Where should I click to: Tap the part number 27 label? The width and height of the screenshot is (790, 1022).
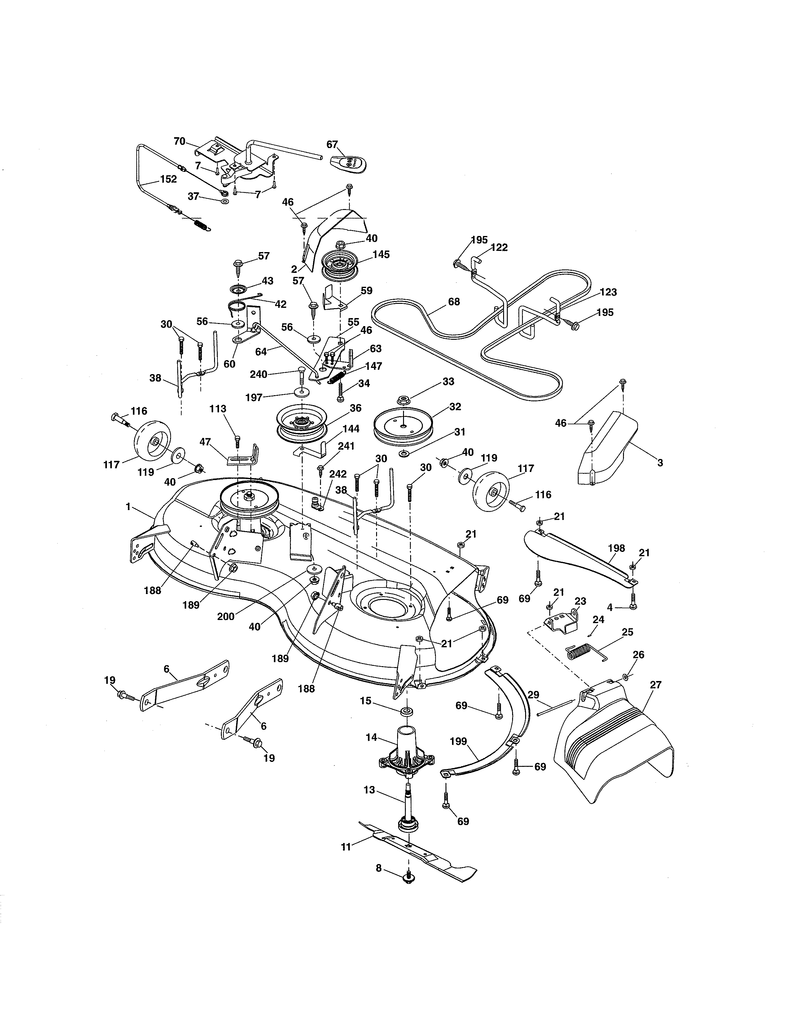656,685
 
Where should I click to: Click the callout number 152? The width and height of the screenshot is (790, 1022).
169,179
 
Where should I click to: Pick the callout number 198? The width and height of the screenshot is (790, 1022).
617,548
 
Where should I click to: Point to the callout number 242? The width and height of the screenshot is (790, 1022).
338,474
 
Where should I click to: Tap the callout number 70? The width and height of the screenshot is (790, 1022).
179,141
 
